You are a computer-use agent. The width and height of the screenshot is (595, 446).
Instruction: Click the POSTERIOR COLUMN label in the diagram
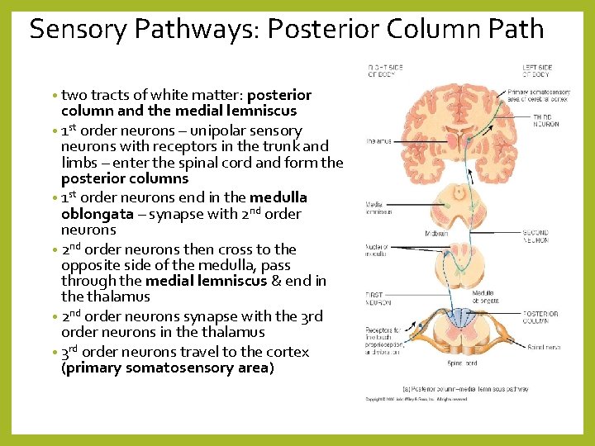[540, 317]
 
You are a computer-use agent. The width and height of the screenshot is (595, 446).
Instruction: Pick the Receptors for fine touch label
[380, 339]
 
